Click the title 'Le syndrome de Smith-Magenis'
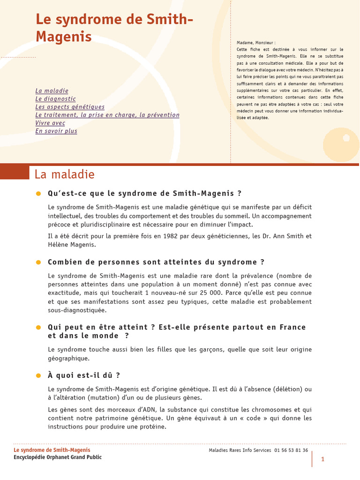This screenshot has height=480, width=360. point(114,28)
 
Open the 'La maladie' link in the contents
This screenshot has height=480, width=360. point(52,91)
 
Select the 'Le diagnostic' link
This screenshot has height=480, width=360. point(55,99)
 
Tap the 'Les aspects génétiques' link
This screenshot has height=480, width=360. point(70,107)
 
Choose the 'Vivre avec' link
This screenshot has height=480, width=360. point(50,123)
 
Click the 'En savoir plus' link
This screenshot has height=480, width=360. point(56,131)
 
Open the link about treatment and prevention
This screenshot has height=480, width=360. point(107,115)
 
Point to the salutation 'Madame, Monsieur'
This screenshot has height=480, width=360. point(256,43)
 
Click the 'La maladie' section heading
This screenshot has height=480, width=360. point(65,175)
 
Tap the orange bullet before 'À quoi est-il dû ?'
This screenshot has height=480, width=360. point(38,376)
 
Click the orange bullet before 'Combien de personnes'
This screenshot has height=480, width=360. point(38,262)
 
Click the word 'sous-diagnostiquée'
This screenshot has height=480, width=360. point(77,310)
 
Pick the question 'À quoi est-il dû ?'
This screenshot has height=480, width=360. point(84,375)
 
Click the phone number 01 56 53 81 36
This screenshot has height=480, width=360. point(291,450)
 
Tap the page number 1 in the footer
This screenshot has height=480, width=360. point(322,459)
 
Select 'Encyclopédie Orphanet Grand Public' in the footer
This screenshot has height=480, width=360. point(58,457)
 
